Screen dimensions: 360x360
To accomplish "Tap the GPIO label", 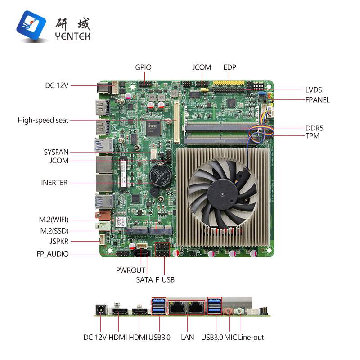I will pos(144,67).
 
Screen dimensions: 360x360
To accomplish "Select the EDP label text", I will pos(230,67).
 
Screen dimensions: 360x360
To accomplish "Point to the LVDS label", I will pos(314,90).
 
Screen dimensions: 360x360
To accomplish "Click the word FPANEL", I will pos(318,99).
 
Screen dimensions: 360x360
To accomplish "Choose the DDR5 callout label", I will pos(315,128).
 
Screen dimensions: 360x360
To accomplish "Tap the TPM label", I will pos(312,135).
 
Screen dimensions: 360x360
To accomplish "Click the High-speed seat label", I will pos(43,120).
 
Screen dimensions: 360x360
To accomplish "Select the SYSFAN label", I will pos(56,152).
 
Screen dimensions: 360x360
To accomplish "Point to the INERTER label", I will pos(54,183).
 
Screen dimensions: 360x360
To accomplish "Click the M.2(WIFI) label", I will pos(54,220).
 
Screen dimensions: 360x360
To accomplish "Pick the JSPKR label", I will pos(59,241).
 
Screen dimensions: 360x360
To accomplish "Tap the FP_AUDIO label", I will pos(53,254).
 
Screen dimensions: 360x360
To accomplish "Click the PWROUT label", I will pos(130,270).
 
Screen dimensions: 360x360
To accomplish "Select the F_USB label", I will pos(165,280).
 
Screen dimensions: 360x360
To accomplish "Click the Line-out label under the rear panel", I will pos(251,337).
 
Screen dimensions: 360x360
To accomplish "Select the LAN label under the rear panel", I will pos(187,337).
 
